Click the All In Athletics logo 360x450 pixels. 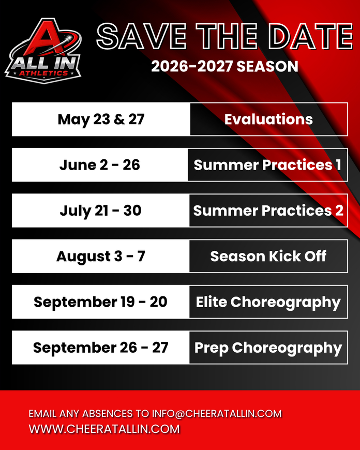pyautogui.click(x=43, y=51)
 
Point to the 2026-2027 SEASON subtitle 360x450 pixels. pyautogui.click(x=224, y=67)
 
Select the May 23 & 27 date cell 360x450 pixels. pyautogui.click(x=101, y=119)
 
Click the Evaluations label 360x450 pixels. pyautogui.click(x=268, y=119)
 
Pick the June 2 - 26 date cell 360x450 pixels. pyautogui.click(x=100, y=164)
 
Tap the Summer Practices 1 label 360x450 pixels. pyautogui.click(x=267, y=164)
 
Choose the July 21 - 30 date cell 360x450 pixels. pyautogui.click(x=100, y=211)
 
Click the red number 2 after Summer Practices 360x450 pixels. pyautogui.click(x=339, y=211)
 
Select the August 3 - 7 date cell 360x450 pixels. pyautogui.click(x=100, y=256)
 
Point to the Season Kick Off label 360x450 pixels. pyautogui.click(x=268, y=256)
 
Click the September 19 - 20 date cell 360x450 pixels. pyautogui.click(x=100, y=302)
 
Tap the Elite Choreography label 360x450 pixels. pyautogui.click(x=268, y=302)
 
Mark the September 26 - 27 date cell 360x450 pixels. pyautogui.click(x=100, y=347)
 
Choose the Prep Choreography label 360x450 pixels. pyautogui.click(x=268, y=348)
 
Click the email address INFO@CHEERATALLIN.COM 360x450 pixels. pyautogui.click(x=217, y=414)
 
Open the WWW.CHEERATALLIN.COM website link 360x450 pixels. pyautogui.click(x=104, y=429)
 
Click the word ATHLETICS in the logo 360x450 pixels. pyautogui.click(x=43, y=73)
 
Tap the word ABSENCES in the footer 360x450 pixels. pyautogui.click(x=108, y=414)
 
